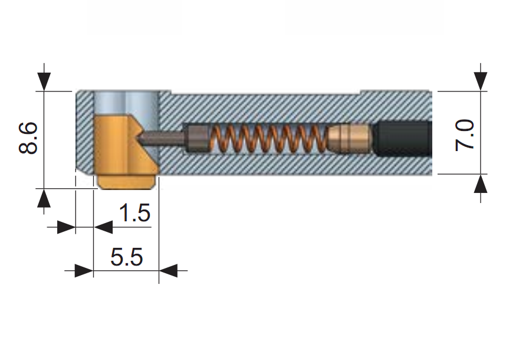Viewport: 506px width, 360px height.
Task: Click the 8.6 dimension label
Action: point(28,138)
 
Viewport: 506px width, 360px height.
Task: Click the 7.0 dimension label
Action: point(465,135)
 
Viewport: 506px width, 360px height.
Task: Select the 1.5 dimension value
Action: point(134,213)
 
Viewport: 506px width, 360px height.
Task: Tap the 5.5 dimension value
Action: point(126,257)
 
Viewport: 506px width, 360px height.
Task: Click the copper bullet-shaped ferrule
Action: point(350,138)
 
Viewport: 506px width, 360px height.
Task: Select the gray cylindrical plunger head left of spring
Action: point(197,139)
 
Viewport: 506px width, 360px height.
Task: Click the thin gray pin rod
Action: point(162,138)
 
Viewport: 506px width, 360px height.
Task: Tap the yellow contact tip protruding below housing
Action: point(126,182)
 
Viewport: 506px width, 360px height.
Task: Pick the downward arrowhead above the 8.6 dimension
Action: point(44,81)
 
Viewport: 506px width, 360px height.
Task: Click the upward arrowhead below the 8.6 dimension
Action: point(44,198)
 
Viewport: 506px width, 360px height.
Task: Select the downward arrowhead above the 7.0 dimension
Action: point(481,81)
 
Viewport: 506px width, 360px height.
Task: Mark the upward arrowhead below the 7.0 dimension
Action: point(481,184)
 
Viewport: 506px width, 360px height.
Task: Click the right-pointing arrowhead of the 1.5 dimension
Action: point(66,227)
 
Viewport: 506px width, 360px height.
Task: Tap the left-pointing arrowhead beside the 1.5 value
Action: point(103,227)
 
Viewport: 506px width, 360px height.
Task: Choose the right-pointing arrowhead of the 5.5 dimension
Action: point(84,270)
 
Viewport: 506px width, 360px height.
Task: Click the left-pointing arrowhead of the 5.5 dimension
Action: point(168,270)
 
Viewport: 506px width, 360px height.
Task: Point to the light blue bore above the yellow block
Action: point(126,103)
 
